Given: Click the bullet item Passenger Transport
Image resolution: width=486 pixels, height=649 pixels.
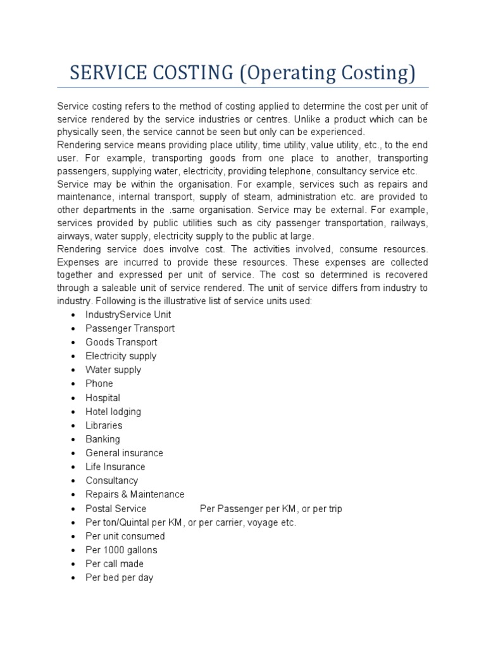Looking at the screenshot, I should coord(130,328).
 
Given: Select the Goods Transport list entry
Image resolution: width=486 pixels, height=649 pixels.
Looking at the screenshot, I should coord(121,342).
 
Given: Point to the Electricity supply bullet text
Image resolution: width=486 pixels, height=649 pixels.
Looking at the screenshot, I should coord(121,356).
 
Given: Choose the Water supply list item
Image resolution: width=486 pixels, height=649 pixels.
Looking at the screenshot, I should coord(113,369).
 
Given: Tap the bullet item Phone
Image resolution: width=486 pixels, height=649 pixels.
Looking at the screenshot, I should coord(99,383).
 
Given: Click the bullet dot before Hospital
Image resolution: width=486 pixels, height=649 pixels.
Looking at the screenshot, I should coord(74,398).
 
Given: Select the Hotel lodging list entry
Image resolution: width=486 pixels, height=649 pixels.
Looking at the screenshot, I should coord(113,411).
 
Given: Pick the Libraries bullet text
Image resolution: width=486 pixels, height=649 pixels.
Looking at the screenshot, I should coord(104,425).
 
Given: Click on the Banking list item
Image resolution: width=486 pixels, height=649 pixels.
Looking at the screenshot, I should coord(103,439).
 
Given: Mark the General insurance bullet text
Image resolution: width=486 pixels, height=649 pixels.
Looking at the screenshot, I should coord(124,453).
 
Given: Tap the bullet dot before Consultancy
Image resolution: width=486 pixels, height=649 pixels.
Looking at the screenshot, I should coord(74,481).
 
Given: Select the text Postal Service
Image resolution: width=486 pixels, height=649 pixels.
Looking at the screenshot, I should coord(116,508).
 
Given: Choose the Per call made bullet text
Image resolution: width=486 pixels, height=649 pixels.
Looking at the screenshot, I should coord(115,564).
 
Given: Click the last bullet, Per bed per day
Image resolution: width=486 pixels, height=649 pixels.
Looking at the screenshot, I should coord(120,578).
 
